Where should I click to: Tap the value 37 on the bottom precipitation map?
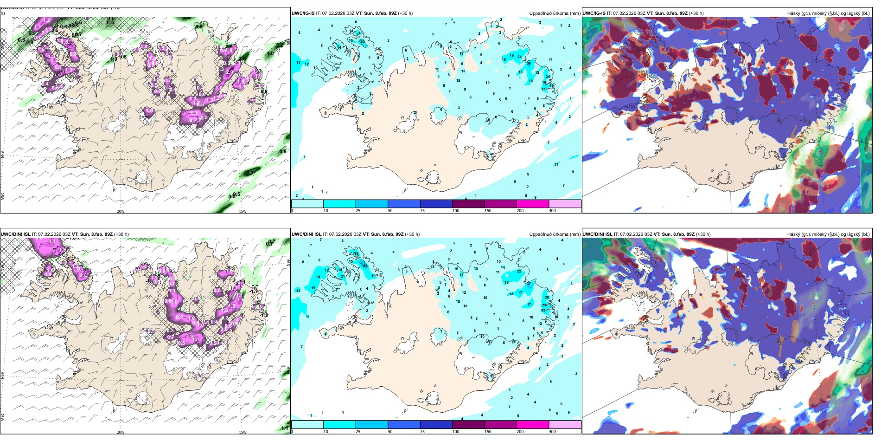529,283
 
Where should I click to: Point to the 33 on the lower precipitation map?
543,310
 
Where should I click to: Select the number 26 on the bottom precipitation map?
547,297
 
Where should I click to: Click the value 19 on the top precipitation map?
552,85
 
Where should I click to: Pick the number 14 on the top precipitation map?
339,47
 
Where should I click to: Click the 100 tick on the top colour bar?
455,211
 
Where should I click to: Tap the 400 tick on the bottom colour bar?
552,432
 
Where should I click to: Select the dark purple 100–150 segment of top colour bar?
468,204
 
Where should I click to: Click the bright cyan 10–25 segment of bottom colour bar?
339,425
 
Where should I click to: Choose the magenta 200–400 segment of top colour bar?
533,204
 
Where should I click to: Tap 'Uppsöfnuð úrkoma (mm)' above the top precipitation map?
555,13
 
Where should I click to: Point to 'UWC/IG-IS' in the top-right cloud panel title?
594,13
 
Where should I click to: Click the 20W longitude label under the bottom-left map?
121,432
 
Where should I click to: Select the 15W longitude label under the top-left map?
243,211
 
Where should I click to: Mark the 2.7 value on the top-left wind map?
249,173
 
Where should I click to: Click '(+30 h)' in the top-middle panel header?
405,13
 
